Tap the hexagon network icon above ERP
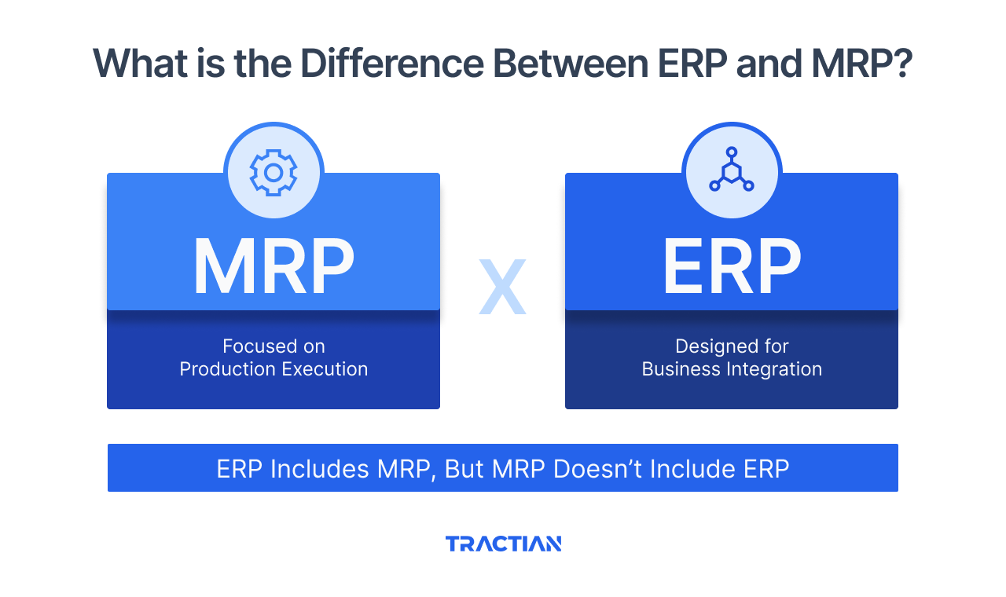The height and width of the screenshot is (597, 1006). (732, 172)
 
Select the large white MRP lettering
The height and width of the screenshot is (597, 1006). (274, 266)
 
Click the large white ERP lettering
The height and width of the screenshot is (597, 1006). (732, 266)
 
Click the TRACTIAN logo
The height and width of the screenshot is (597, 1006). (503, 544)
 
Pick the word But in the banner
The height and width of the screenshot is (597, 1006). (464, 469)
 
